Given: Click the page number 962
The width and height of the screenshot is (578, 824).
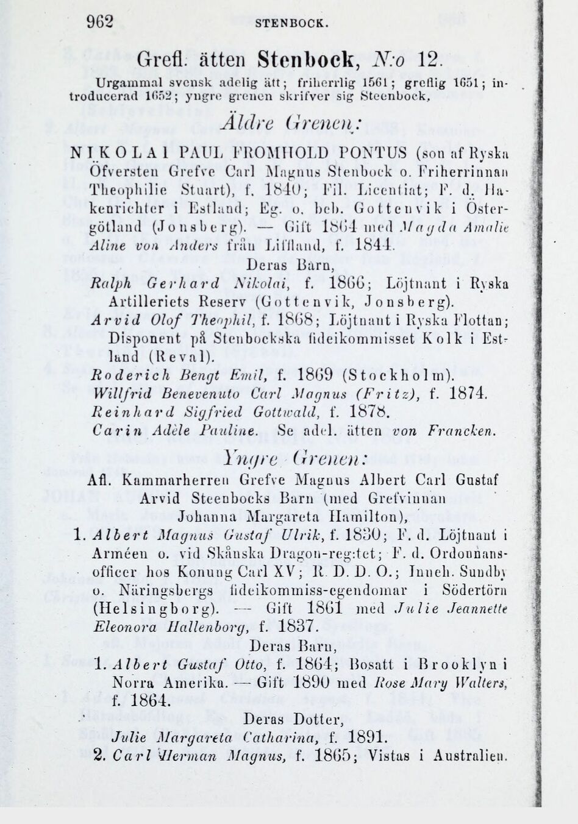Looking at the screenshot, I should tap(100, 23).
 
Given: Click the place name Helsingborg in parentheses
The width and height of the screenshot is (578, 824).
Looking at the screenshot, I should tap(155, 609).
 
